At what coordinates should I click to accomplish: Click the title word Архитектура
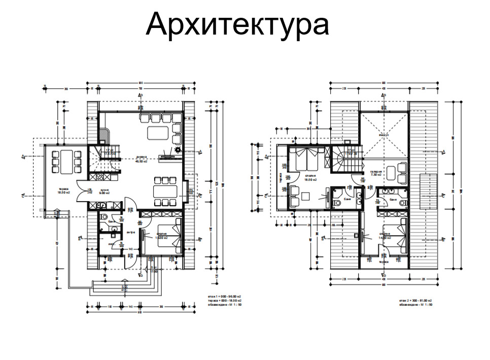237,24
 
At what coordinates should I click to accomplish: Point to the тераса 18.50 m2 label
63,192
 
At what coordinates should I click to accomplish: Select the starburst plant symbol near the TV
178,151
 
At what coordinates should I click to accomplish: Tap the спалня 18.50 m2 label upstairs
310,178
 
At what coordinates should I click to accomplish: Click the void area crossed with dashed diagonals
383,135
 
